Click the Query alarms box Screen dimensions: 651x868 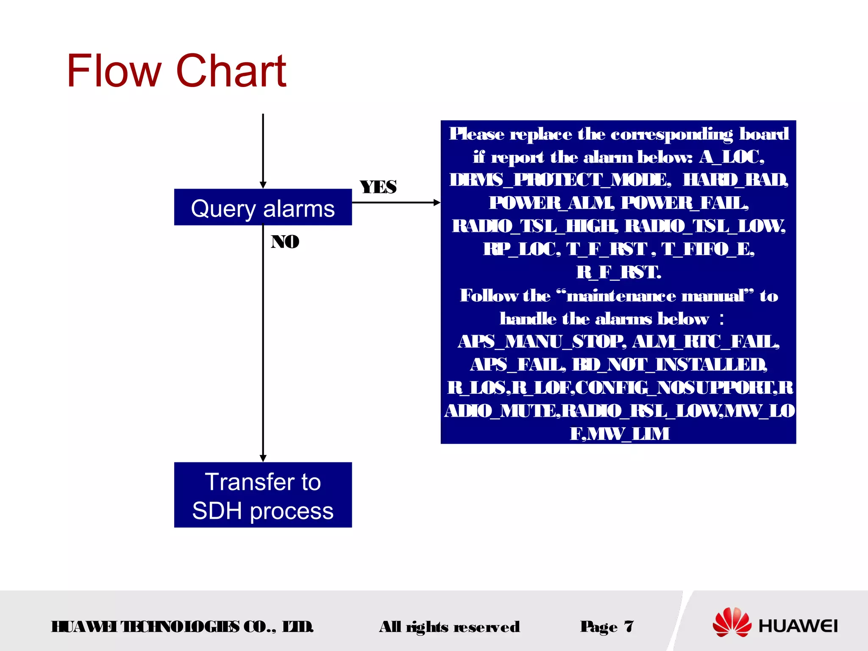pos(263,207)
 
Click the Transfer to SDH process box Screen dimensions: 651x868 pos(263,495)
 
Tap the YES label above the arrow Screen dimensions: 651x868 pos(378,187)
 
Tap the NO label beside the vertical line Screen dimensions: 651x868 pos(285,242)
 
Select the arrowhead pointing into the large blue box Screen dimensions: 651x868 pos(437,203)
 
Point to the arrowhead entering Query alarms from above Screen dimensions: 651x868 pos(263,185)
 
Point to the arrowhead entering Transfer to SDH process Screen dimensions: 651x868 pos(263,459)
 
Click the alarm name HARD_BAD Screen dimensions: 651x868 pos(735,180)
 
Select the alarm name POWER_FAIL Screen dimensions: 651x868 pos(684,203)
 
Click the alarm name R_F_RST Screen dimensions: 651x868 pos(618,272)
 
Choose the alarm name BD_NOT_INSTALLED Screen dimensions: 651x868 pos(670,364)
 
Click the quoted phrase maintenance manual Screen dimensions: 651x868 pos(655,296)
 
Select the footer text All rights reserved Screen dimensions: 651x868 pos(449,626)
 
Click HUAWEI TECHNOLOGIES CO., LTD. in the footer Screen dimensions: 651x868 pos(182,626)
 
